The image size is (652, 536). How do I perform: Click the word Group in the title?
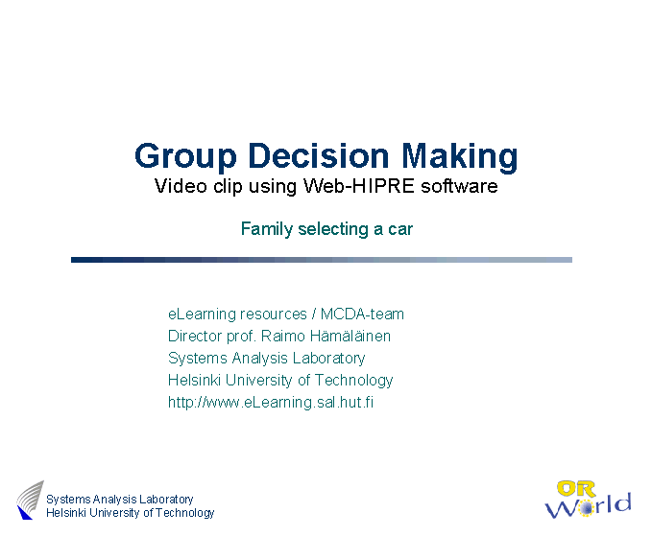point(185,157)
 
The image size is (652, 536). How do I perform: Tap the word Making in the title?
point(460,157)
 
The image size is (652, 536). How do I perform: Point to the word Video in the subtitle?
point(181,186)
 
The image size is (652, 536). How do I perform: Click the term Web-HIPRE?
point(358,186)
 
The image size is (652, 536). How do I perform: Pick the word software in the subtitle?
point(459,186)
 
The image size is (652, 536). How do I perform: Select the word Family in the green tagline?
point(267,229)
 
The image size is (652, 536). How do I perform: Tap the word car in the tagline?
point(400,229)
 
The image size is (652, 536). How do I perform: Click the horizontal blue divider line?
point(322,260)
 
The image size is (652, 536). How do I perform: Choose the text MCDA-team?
point(362,314)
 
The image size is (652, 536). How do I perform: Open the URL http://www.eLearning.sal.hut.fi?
point(271,403)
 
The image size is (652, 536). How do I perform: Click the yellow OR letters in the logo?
point(576,489)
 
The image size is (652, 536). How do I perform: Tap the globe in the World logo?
point(586,508)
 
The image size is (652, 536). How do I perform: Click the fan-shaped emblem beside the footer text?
point(30,500)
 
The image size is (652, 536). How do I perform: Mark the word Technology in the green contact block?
point(353,381)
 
